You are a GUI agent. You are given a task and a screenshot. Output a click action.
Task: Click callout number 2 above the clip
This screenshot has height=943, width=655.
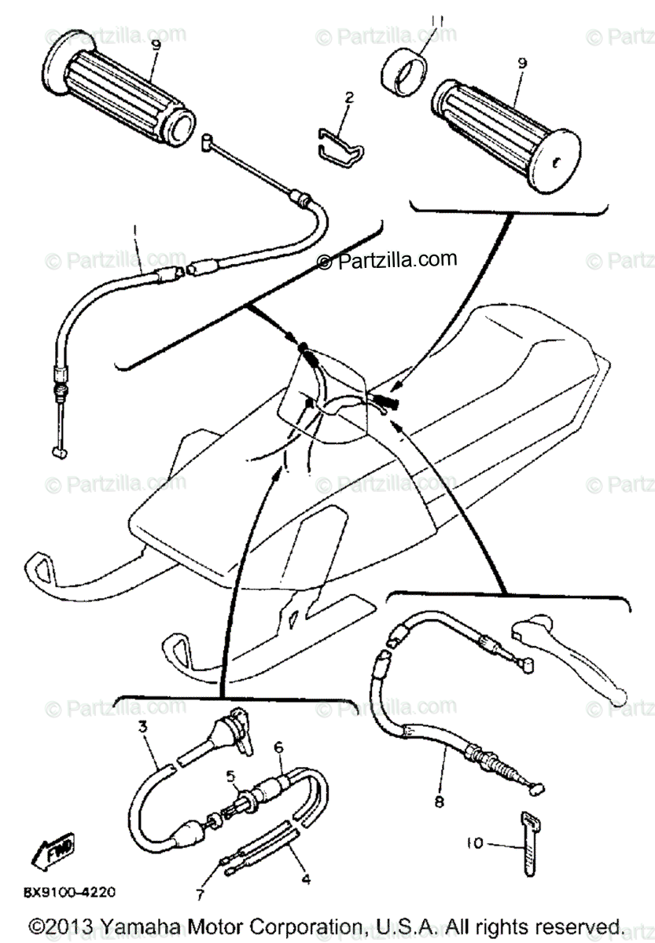tap(349, 98)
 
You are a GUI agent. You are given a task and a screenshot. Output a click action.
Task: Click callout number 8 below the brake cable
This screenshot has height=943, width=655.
tap(438, 802)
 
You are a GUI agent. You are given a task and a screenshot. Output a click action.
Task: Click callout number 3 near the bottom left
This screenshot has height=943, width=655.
tap(143, 727)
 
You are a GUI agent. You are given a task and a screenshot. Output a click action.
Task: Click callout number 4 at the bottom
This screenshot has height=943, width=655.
tap(306, 879)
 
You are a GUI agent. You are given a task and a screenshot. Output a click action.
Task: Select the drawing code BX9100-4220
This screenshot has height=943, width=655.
tap(69, 892)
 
